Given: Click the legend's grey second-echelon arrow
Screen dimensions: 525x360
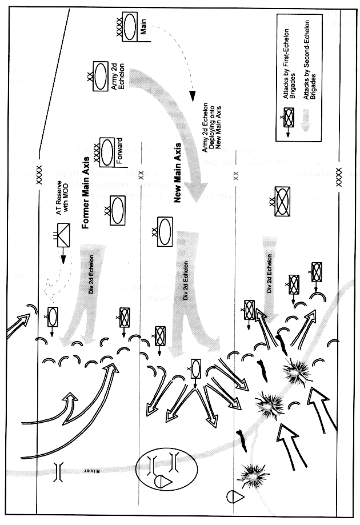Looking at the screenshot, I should click(x=308, y=121).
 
